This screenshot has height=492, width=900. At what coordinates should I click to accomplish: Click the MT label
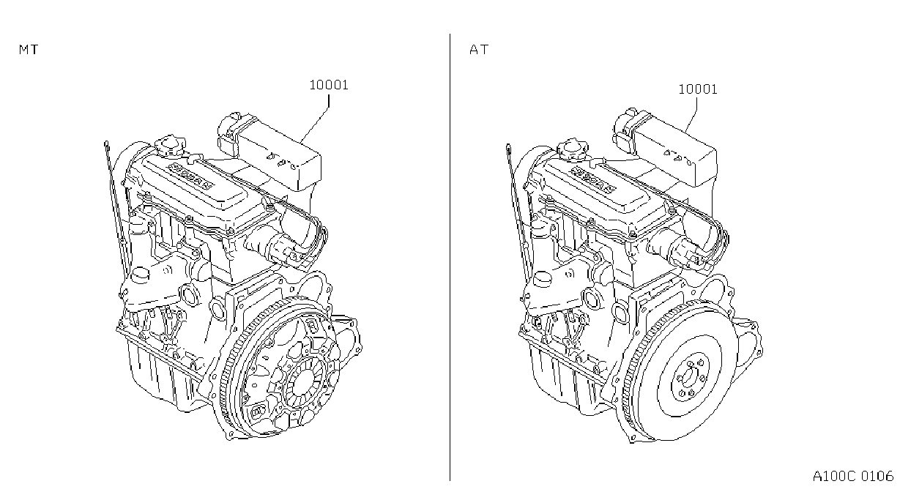tap(29, 50)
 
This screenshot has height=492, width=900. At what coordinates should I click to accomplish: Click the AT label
tap(479, 50)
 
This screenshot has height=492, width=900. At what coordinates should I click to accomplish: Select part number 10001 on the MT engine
tap(329, 85)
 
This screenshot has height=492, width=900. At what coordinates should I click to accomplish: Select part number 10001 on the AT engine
tap(698, 89)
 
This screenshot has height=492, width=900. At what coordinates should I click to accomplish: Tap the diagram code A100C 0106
tap(853, 477)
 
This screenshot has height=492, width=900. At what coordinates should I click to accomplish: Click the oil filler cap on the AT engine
tap(572, 149)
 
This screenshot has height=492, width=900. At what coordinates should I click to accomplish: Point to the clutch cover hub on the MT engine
tap(304, 382)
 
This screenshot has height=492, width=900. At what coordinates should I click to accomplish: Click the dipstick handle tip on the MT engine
tap(106, 143)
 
